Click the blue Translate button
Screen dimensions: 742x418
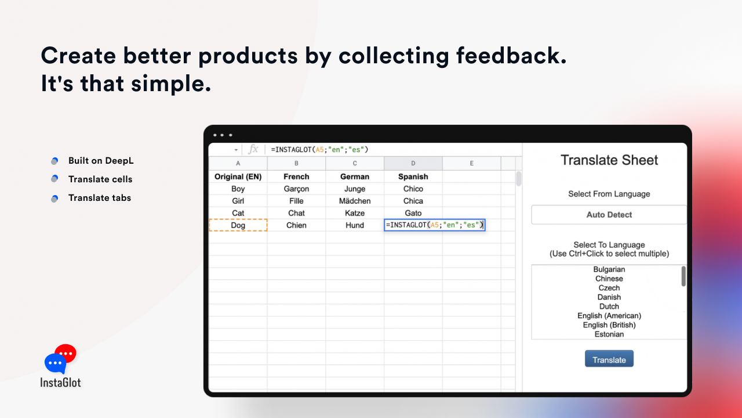click(x=609, y=359)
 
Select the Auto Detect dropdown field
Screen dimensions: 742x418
click(x=609, y=215)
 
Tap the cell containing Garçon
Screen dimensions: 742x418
click(x=296, y=189)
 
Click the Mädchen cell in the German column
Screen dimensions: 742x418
click(x=354, y=201)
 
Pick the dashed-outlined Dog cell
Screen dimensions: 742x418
click(x=238, y=225)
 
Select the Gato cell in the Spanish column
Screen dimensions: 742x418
click(x=413, y=213)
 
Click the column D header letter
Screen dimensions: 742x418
click(x=413, y=163)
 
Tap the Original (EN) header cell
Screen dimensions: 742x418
click(x=238, y=176)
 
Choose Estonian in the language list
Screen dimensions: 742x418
click(x=609, y=334)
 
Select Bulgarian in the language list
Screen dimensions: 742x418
click(x=609, y=269)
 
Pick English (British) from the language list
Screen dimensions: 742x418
click(x=609, y=325)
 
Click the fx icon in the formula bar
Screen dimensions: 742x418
click(x=253, y=149)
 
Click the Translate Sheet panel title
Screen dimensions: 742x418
click(x=609, y=160)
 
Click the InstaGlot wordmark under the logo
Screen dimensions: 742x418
click(x=60, y=383)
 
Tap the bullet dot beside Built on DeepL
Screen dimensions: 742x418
click(x=54, y=161)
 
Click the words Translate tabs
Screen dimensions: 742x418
click(x=99, y=198)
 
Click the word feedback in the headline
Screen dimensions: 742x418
click(x=511, y=55)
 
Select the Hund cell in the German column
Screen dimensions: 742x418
click(x=354, y=225)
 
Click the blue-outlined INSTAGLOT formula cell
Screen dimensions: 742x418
click(x=435, y=225)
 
